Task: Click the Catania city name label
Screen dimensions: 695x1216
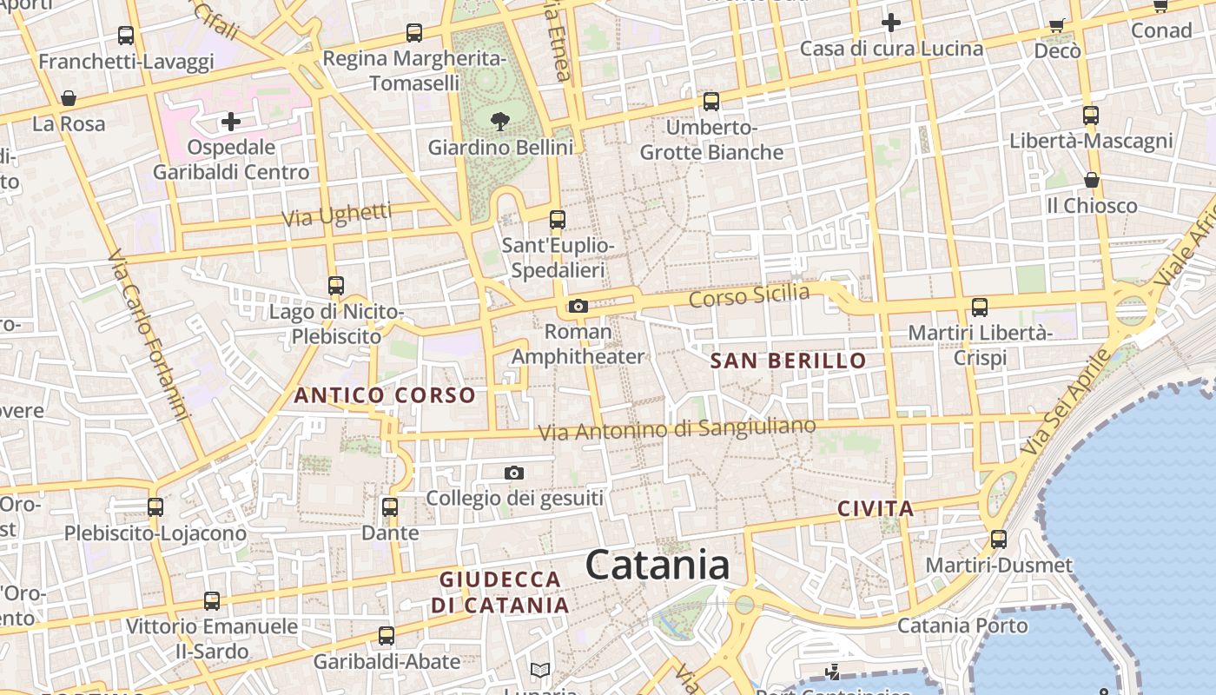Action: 658,566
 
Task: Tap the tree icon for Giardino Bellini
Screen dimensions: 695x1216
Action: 500,121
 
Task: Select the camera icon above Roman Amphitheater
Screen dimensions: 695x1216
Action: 578,306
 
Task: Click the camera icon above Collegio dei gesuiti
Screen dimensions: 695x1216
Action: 514,473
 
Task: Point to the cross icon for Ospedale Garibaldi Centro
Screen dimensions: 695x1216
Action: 230,122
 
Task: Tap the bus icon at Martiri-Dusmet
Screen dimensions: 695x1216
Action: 999,539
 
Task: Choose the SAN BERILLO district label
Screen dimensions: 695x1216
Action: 789,361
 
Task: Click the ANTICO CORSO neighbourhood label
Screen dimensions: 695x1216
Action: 385,395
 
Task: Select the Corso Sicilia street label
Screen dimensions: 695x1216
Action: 749,295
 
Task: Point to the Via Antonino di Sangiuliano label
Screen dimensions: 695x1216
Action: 677,429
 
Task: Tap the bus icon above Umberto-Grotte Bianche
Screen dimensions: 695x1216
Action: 711,102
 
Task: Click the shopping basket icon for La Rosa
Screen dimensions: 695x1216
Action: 69,98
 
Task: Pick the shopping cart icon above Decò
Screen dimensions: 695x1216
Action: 1057,25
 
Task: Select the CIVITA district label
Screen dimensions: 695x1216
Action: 876,509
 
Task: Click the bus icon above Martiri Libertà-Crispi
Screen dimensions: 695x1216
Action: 980,307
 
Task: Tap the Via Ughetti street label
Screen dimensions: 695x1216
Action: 337,215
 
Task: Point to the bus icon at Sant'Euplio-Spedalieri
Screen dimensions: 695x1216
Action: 558,220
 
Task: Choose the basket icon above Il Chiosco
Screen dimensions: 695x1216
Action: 1092,181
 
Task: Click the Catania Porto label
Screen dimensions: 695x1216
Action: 962,625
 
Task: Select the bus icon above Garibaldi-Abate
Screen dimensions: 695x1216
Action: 387,636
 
